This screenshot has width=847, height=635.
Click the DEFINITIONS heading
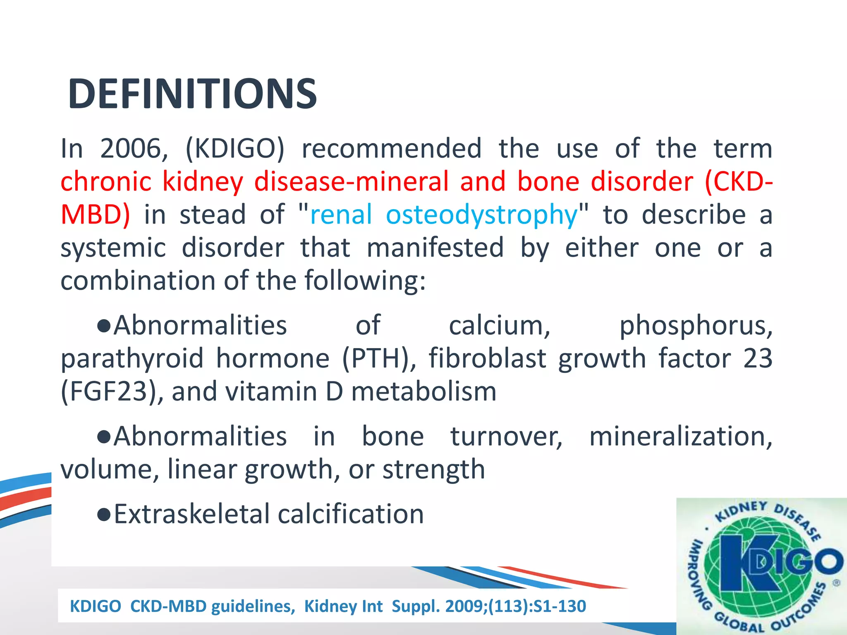coord(192,94)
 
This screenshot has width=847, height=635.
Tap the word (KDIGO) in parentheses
coord(235,148)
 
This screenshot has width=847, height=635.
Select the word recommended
coord(391,148)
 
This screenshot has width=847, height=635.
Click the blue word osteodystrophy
coord(481,215)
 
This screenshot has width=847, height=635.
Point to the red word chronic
coord(106,182)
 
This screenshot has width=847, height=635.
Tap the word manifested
coord(435,248)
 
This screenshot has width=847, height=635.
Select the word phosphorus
coord(695,326)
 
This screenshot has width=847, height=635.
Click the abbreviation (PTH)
coord(379,358)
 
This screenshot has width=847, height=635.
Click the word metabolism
coord(423,392)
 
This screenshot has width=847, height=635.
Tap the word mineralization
coord(680,437)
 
